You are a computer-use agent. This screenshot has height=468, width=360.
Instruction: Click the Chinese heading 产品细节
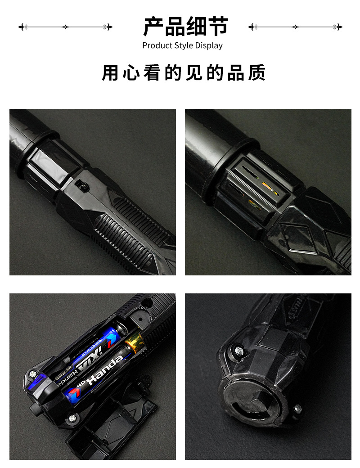(x=185, y=27)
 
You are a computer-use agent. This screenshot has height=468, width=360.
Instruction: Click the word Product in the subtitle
(x=156, y=45)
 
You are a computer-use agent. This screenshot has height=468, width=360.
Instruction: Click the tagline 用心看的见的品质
(x=184, y=73)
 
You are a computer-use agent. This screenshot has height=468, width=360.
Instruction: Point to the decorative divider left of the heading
(x=65, y=27)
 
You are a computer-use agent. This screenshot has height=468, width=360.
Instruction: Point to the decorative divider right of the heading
(x=295, y=27)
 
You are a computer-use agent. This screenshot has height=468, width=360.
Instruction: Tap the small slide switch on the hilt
(x=81, y=184)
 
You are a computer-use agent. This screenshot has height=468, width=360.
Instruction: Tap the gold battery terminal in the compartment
(x=134, y=344)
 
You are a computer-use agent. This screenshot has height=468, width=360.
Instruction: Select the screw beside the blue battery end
(x=32, y=373)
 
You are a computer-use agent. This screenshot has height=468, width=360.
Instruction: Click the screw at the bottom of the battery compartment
(x=72, y=419)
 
